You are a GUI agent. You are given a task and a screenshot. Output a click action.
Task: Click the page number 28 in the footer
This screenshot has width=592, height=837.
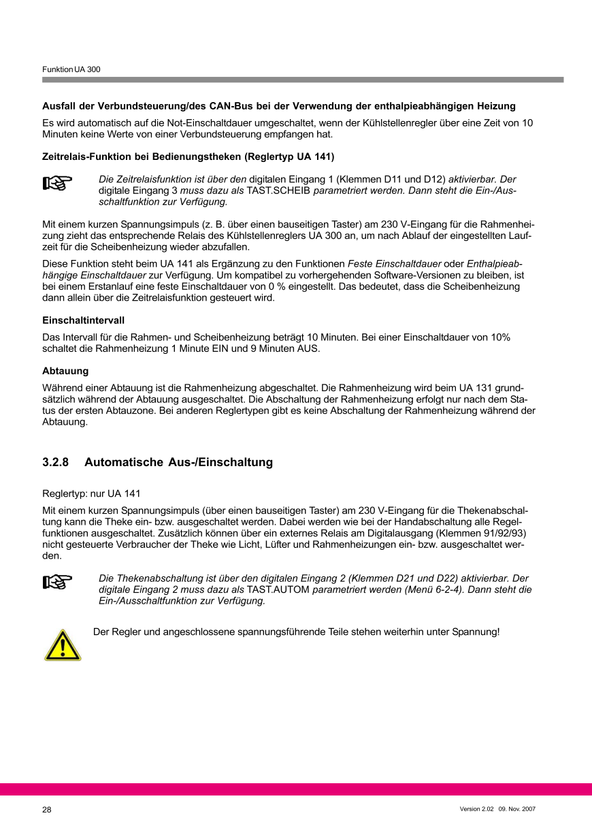[47, 810]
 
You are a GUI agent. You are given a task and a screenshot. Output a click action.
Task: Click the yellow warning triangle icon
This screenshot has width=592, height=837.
[63, 645]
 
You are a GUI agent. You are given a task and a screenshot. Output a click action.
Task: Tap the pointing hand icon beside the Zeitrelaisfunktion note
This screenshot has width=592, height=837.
[57, 183]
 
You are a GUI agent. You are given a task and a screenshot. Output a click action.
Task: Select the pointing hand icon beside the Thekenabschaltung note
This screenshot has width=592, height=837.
[57, 582]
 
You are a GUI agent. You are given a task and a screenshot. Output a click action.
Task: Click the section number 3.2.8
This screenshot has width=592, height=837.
[56, 463]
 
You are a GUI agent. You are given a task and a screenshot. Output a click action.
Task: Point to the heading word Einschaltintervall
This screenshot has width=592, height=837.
[83, 320]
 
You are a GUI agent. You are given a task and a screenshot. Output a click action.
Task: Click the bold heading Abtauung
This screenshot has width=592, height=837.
[65, 372]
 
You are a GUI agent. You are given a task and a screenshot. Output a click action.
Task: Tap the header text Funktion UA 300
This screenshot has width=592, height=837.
[71, 70]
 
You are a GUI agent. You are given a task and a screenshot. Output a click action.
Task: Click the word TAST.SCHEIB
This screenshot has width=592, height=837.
[278, 191]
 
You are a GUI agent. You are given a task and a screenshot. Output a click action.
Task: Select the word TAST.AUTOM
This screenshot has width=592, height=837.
[278, 590]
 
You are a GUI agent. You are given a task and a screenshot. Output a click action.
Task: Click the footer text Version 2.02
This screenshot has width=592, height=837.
[476, 808]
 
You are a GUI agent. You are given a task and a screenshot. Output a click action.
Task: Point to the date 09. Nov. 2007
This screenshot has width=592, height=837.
[517, 808]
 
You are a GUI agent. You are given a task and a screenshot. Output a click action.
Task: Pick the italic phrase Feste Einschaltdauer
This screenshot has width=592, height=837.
[394, 264]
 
